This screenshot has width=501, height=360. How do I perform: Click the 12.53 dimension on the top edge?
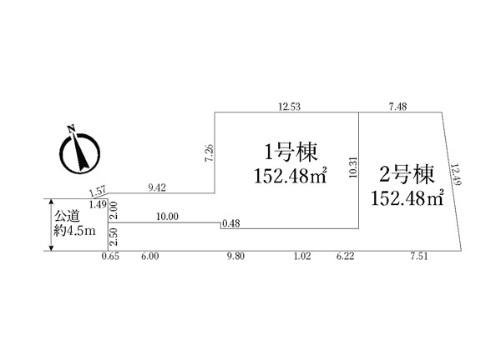[290, 107]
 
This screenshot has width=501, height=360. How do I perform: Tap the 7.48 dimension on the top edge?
[397, 107]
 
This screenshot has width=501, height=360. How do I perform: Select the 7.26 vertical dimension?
[210, 153]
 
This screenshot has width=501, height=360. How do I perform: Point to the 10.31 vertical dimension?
[353, 167]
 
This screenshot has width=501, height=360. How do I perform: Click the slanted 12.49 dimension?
[456, 174]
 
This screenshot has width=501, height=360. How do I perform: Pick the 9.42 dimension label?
[157, 187]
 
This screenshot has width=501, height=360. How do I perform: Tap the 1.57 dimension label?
[98, 192]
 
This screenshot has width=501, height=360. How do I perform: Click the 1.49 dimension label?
[98, 205]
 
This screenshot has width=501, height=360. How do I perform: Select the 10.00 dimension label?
[167, 217]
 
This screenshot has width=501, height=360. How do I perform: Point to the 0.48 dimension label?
[230, 223]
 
